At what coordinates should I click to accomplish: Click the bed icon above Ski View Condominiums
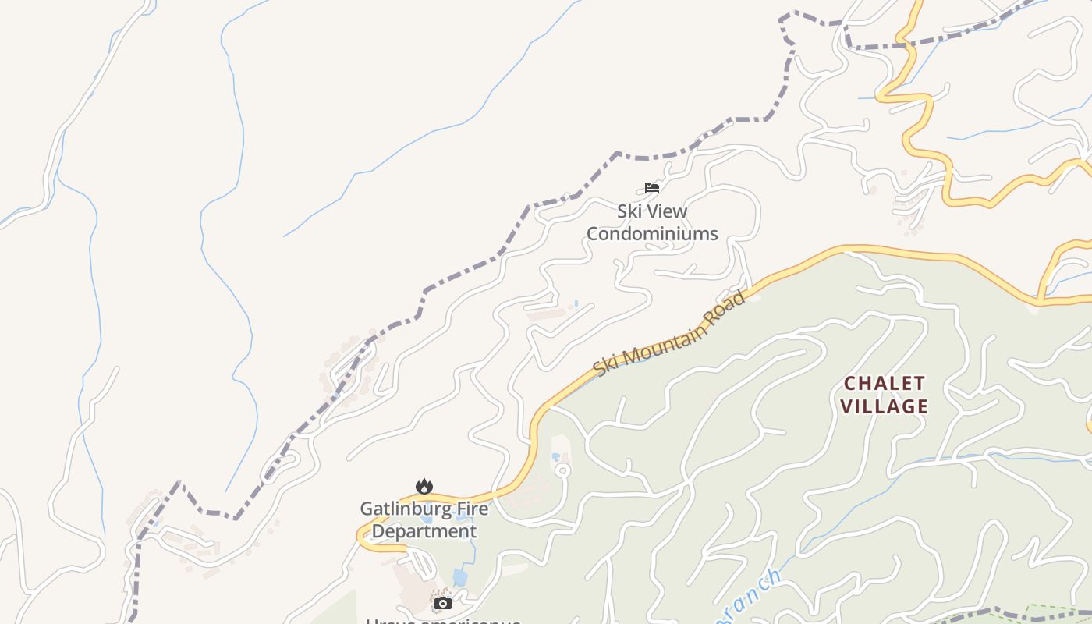[x=652, y=187]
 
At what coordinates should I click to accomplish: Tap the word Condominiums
[x=652, y=233]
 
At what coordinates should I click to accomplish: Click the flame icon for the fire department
[x=424, y=486]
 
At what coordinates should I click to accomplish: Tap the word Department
[x=424, y=531]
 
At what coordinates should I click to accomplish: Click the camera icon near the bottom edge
[x=443, y=603]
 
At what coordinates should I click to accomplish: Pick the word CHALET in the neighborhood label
[x=885, y=384]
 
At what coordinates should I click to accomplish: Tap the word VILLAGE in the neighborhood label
[x=885, y=406]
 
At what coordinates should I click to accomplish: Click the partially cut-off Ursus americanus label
[x=443, y=620]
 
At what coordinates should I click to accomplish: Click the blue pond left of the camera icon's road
[x=460, y=578]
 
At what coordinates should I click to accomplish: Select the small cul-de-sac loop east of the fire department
[x=562, y=470]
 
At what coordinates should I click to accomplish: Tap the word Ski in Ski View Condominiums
[x=631, y=211]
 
